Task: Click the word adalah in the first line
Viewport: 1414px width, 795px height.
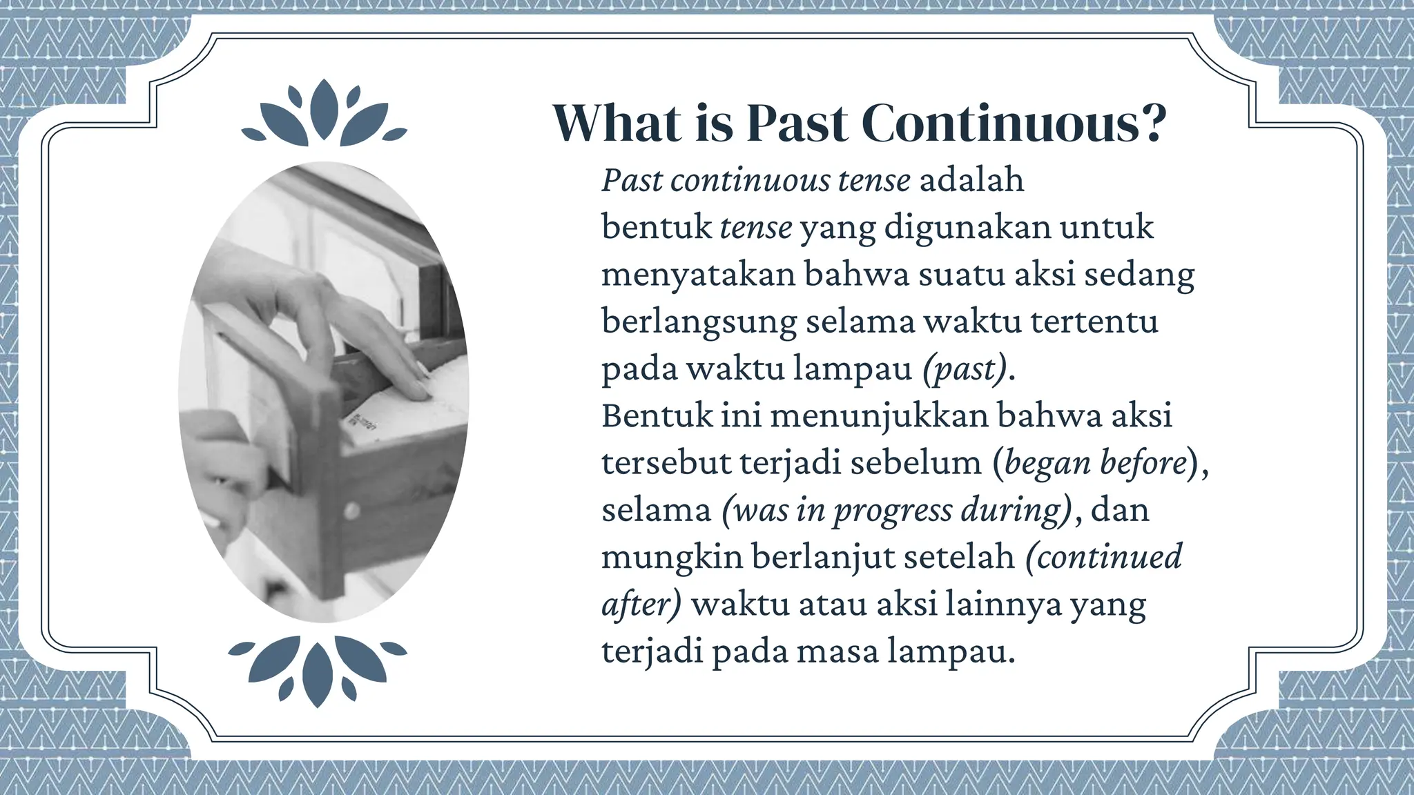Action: (x=971, y=180)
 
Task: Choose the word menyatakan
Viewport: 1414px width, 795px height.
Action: (x=698, y=275)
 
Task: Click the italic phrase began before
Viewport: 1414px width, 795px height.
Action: (x=1095, y=463)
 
